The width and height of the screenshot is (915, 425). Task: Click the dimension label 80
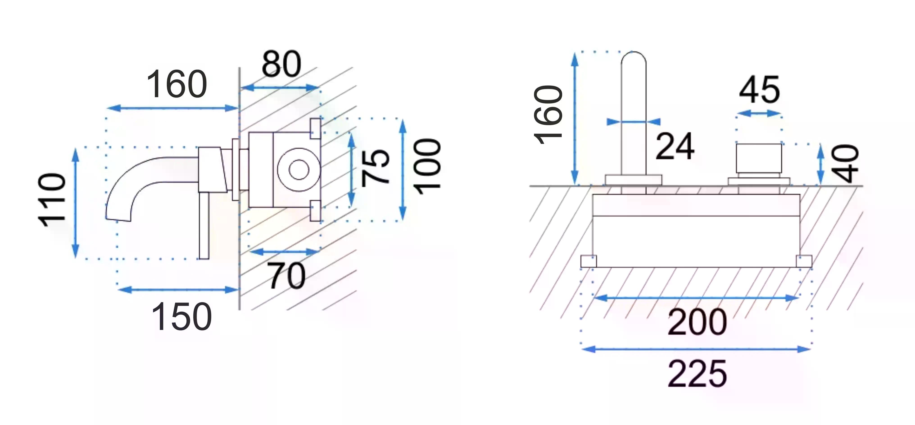281,64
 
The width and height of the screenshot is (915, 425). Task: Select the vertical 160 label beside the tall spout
548,115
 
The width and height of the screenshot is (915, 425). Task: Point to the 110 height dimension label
52,200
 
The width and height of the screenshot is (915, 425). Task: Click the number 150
181,316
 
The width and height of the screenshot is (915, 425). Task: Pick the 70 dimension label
286,276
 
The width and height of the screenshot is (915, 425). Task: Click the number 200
697,322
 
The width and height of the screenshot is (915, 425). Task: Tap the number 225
697,373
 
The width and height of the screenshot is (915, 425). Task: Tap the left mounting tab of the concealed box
589,261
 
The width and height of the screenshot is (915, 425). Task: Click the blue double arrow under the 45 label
759,114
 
